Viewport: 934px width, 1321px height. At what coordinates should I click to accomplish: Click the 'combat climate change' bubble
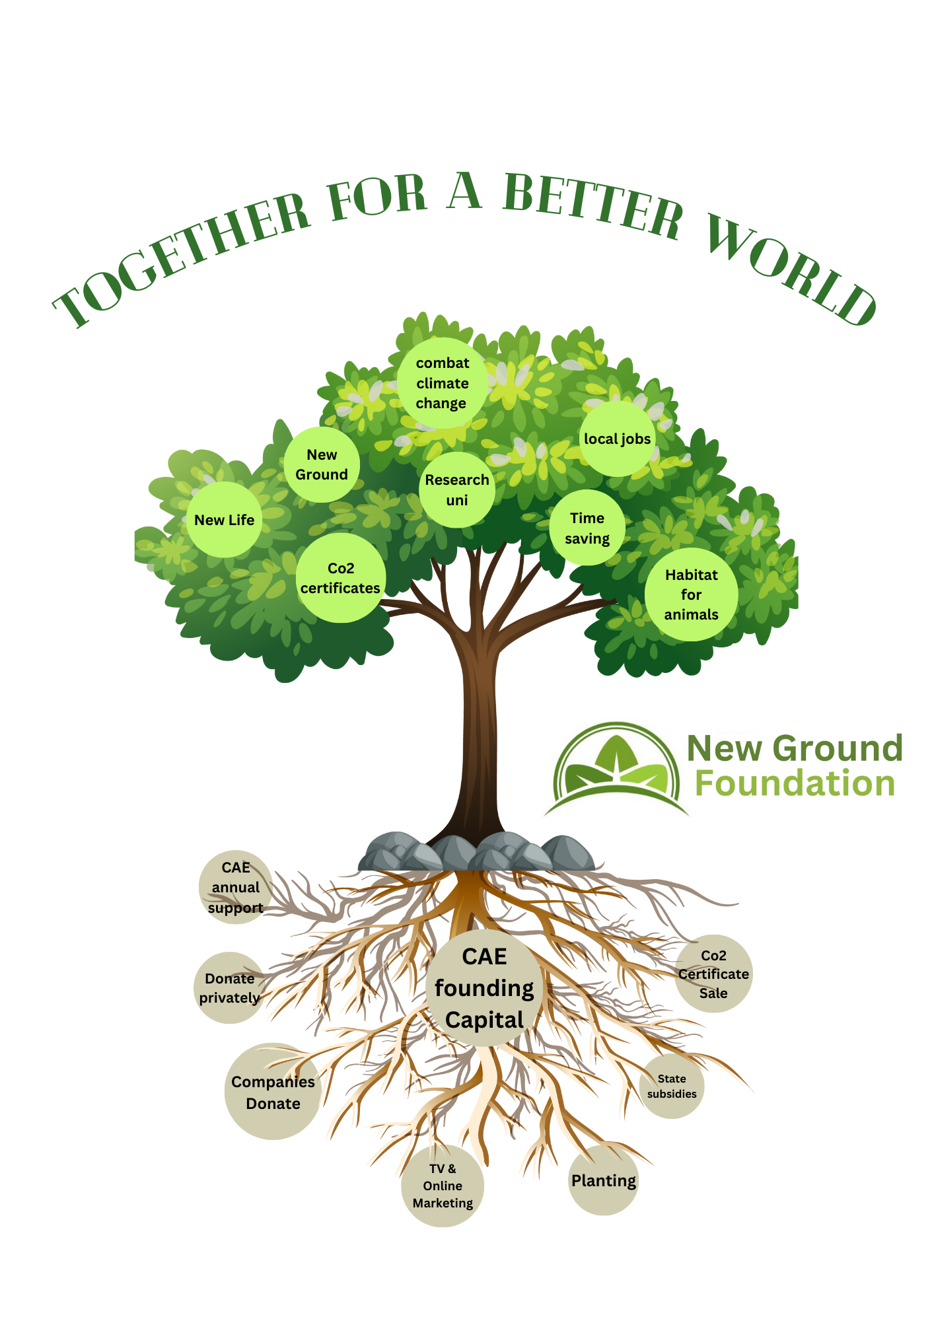(x=442, y=383)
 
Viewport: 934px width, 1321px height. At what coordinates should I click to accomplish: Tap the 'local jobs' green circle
(x=618, y=439)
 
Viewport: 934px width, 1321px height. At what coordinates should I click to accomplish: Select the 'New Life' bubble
(x=225, y=520)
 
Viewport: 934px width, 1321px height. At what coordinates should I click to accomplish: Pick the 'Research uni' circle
(x=457, y=490)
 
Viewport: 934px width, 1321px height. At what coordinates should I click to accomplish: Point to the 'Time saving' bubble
(x=587, y=528)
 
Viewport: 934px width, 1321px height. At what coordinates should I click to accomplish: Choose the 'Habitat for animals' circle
(x=691, y=594)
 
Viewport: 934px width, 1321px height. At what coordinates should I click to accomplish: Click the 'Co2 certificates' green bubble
(x=340, y=578)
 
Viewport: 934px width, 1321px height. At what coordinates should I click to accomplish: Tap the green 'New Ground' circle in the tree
(x=322, y=464)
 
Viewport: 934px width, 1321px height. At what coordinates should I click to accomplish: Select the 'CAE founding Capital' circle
(x=484, y=988)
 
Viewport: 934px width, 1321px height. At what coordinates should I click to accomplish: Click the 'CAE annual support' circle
(x=236, y=887)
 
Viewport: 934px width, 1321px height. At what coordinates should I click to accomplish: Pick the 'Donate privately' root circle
(x=230, y=987)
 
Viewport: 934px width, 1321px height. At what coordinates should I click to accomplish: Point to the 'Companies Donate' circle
(x=273, y=1092)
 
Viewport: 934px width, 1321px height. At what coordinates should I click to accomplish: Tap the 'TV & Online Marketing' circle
(x=443, y=1186)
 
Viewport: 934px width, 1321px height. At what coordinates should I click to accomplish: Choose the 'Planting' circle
(x=604, y=1180)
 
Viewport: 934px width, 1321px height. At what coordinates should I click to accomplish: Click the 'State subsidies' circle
(x=672, y=1086)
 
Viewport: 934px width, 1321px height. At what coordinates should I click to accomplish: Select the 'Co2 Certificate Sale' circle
(x=713, y=974)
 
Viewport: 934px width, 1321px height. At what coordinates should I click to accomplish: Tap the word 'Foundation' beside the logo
(x=795, y=783)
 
